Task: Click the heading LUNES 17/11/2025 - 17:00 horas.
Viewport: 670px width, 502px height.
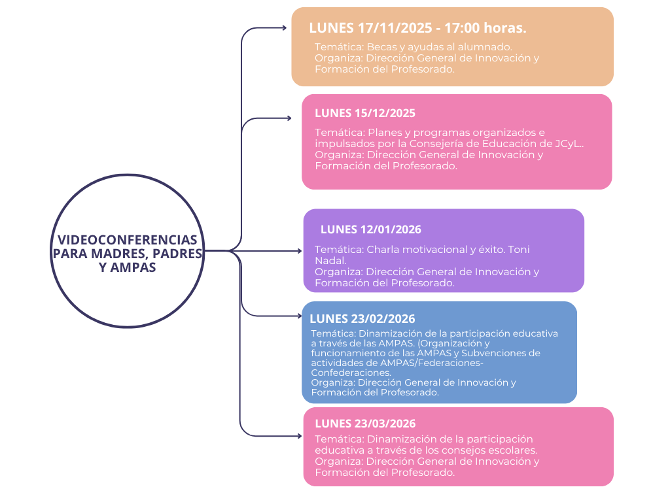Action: click(417, 28)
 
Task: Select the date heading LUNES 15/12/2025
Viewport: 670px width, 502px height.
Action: click(364, 113)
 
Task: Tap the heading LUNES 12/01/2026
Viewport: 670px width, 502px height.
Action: click(370, 229)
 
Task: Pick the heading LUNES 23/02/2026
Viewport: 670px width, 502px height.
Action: click(362, 319)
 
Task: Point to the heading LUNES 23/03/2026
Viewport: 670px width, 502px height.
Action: click(364, 424)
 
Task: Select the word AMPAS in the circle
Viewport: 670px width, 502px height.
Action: click(133, 267)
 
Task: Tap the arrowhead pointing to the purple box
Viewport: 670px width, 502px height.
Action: click(299, 250)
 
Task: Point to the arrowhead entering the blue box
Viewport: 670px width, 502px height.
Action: click(299, 316)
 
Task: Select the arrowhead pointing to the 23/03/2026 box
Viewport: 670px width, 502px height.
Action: click(299, 435)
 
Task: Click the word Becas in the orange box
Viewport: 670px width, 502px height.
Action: click(381, 47)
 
